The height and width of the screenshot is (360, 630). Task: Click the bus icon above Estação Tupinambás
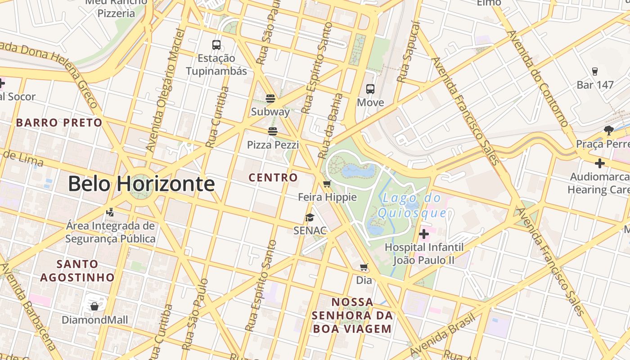[x=216, y=45]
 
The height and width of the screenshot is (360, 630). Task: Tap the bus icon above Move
[x=370, y=89]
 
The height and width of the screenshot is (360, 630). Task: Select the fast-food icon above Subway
[x=270, y=98]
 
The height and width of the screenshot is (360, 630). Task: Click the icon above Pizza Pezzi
[x=272, y=131]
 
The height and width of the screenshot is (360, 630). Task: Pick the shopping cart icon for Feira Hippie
[x=327, y=184]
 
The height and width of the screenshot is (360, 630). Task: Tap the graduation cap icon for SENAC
[x=310, y=217]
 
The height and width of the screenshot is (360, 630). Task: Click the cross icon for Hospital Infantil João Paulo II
[x=423, y=234]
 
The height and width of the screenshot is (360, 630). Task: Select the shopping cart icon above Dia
[x=364, y=267]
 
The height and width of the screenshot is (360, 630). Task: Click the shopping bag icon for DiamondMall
[x=94, y=306]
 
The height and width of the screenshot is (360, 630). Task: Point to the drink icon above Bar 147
[x=595, y=72]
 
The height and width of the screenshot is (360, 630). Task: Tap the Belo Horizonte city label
[x=141, y=184]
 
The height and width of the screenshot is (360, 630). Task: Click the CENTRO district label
[x=274, y=178]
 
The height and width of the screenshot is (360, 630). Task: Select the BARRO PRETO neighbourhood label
[x=59, y=122]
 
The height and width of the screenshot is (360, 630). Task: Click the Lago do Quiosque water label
[x=412, y=205]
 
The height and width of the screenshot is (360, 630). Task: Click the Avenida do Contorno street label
[x=538, y=79]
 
